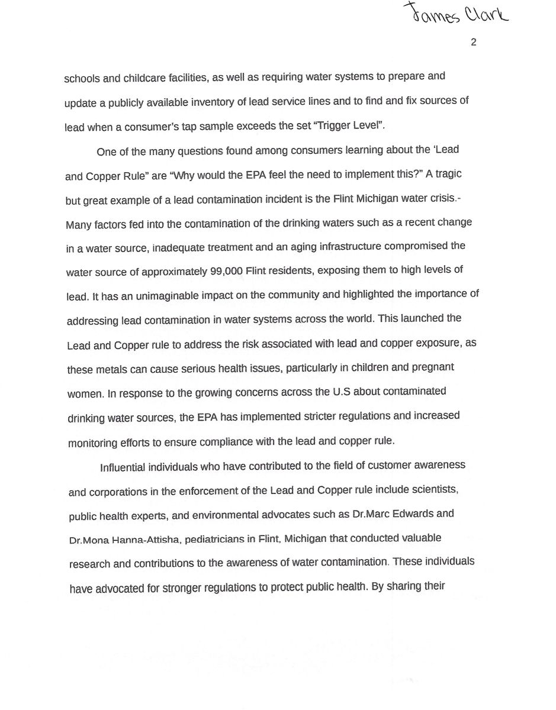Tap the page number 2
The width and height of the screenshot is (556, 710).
click(473, 42)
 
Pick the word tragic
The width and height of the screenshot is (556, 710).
click(448, 175)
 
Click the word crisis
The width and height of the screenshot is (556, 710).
click(442, 199)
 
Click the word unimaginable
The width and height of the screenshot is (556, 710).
click(156, 296)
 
